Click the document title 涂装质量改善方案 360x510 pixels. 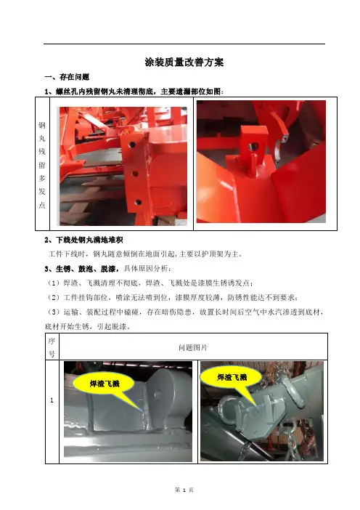(184, 62)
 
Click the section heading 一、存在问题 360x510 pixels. (67, 77)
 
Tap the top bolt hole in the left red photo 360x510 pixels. (131, 144)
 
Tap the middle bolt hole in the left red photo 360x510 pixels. (135, 174)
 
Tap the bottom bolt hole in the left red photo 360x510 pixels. (138, 202)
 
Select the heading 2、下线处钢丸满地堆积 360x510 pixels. (83, 240)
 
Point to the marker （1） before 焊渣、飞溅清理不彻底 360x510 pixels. (54, 283)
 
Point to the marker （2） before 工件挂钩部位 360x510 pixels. (54, 297)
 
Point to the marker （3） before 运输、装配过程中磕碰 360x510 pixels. (54, 312)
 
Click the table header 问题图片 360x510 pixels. (193, 347)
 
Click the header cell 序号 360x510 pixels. (52, 347)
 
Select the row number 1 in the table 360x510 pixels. (52, 400)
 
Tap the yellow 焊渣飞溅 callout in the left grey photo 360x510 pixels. (105, 384)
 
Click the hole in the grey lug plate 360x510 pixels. (158, 394)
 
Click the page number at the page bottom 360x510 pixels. (184, 490)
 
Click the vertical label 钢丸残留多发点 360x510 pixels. (42, 165)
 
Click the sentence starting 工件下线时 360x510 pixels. (145, 254)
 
